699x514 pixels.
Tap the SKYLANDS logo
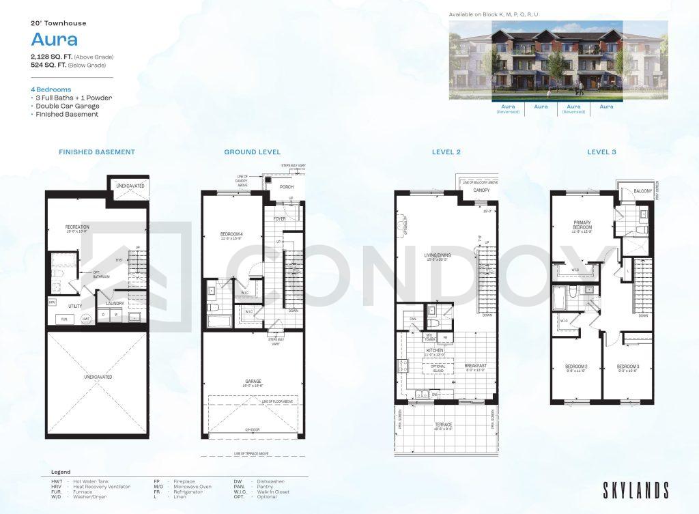(636, 490)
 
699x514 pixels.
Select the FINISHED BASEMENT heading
(97, 152)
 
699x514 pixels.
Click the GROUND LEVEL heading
(252, 152)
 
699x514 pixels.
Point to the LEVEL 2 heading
(446, 152)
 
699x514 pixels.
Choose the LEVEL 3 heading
(601, 152)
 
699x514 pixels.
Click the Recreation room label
(77, 227)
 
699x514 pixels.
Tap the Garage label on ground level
(253, 382)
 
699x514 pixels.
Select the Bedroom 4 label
(231, 235)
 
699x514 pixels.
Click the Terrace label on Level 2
(444, 425)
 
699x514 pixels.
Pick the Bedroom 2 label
(576, 367)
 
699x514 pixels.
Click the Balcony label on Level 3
(642, 191)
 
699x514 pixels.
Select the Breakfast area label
(475, 366)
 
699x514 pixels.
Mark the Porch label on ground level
(287, 187)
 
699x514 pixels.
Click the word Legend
(61, 472)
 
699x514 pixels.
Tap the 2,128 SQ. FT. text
(55, 56)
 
